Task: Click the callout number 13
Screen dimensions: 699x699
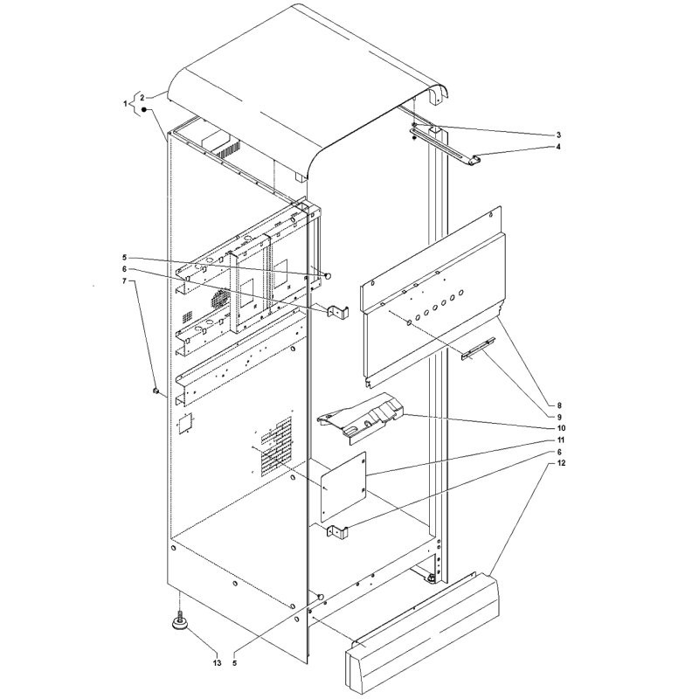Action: point(217,663)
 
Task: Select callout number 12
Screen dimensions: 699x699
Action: point(561,463)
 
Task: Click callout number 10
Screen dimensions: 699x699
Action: point(561,428)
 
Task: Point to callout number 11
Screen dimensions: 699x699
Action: point(561,440)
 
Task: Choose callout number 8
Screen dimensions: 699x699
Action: point(559,405)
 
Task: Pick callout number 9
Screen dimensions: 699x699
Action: point(559,418)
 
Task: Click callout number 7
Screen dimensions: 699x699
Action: point(124,280)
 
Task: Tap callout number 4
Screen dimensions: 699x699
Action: point(558,147)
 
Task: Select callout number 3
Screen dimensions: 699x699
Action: point(558,135)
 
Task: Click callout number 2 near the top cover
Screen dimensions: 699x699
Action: point(142,97)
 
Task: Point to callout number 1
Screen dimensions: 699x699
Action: point(125,104)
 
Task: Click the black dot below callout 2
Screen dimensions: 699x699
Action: point(144,110)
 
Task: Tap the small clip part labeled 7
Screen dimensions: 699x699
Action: point(156,391)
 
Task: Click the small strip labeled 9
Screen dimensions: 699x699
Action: point(478,349)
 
